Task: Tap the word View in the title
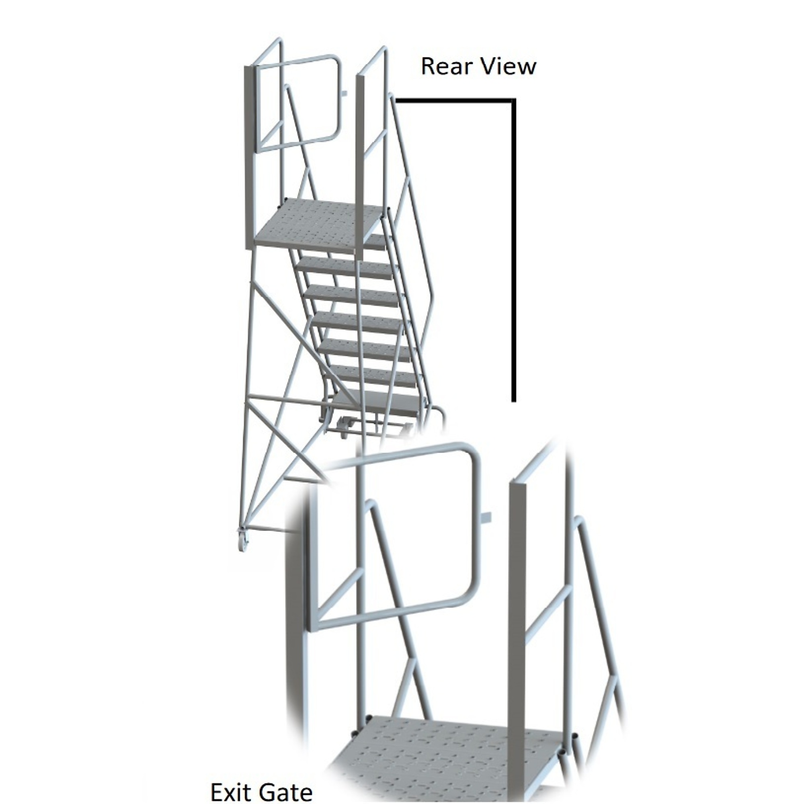[509, 67]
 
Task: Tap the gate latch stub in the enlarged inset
[486, 517]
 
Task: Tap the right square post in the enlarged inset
[517, 641]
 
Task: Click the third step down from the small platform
[356, 295]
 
